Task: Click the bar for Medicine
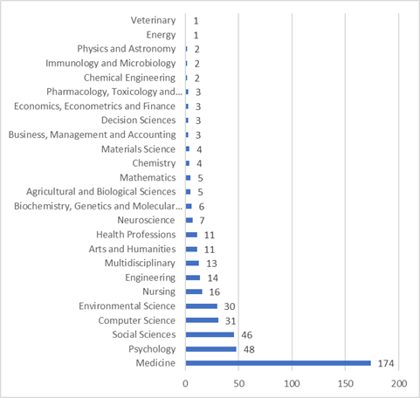point(279,363)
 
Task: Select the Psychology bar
point(211,349)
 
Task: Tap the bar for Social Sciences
point(210,334)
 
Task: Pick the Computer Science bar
point(202,320)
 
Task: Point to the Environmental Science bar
point(202,306)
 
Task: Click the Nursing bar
point(194,292)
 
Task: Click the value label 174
point(386,363)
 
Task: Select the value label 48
point(249,349)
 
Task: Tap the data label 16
point(215,292)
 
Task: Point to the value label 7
point(202,221)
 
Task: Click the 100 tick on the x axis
point(292,384)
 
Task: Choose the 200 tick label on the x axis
point(399,384)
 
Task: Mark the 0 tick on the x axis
point(185,384)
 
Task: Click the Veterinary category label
point(153,20)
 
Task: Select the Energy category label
point(161,35)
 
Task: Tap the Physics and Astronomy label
point(127,49)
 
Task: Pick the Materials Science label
point(138,149)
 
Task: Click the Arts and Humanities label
point(132,249)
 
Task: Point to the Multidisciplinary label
point(140,264)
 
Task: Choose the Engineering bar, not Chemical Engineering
point(193,278)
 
